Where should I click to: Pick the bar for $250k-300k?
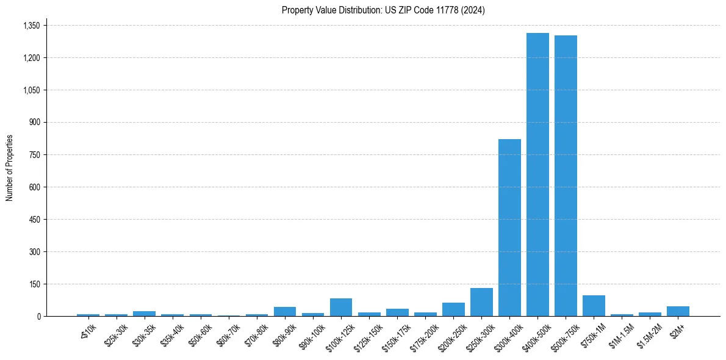(481, 302)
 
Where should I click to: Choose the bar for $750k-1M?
(594, 306)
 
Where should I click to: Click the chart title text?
(383, 10)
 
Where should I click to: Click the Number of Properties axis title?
(10, 168)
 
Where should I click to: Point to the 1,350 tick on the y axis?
(31, 26)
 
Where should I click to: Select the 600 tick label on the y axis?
(34, 187)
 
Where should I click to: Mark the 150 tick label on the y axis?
(34, 284)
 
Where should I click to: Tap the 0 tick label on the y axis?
(38, 316)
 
